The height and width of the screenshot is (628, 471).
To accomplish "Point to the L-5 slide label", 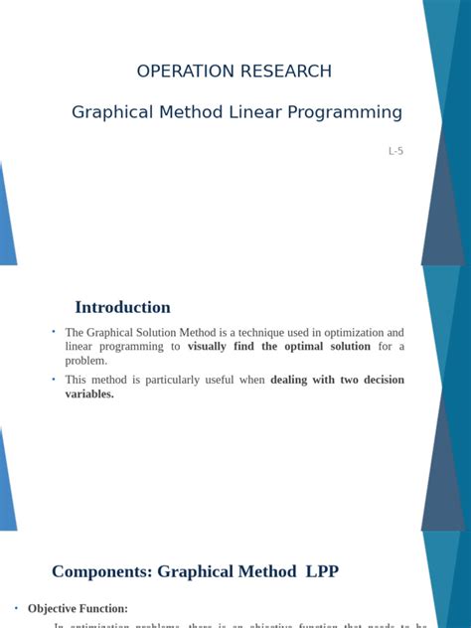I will [395, 152].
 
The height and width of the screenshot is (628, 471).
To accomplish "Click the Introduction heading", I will [122, 307].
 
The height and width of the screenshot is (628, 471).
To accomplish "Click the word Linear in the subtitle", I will [255, 112].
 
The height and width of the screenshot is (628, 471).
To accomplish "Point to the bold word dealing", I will [295, 380].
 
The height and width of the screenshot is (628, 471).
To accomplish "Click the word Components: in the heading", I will [102, 571].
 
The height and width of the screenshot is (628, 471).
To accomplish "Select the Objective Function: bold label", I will [78, 608].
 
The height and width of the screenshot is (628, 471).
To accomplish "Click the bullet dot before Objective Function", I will [17, 607].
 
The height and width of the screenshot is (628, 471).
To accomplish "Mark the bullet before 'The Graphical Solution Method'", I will [54, 331].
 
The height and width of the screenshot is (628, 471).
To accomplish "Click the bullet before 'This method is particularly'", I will [54, 379].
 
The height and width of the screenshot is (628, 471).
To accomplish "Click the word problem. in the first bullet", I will [85, 361].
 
